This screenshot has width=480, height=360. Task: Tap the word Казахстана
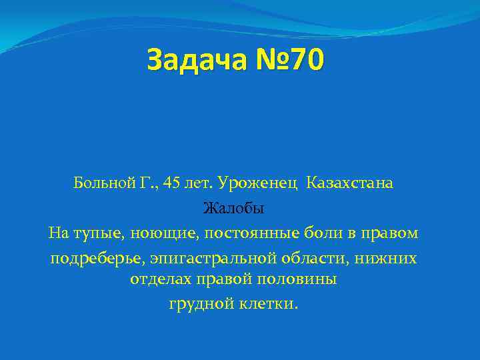tap(350, 183)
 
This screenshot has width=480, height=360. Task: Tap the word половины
tap(301, 279)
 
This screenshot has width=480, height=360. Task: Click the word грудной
tap(198, 304)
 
